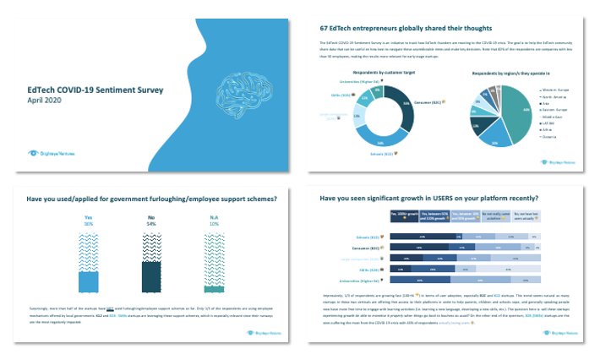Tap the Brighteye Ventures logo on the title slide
point(50,153)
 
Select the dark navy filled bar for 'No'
point(152,275)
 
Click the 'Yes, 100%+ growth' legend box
point(404,215)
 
